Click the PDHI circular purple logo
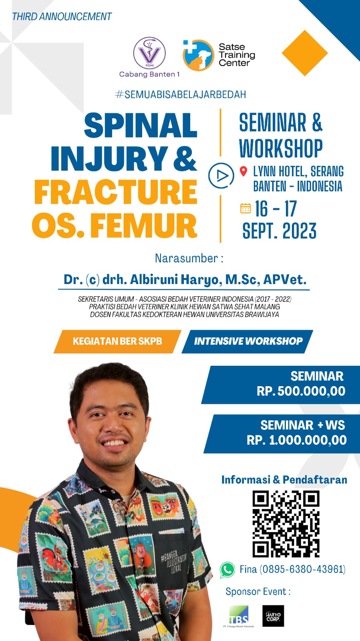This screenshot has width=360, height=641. click(149, 54)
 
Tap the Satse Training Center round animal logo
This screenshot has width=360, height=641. click(198, 55)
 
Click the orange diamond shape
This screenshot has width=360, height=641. click(305, 53)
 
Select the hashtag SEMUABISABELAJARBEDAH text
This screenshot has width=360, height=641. click(181, 95)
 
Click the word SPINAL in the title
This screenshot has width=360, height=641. click(141, 125)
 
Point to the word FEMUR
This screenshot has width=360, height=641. click(144, 226)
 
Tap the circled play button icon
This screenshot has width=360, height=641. click(221, 175)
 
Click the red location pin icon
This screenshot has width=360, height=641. click(243, 171)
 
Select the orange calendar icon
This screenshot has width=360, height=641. click(245, 208)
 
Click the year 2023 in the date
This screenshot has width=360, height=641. click(300, 231)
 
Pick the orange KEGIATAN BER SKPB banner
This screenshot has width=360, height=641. click(117, 341)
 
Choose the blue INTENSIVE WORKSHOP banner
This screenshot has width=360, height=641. click(248, 341)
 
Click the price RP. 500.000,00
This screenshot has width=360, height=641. click(301, 391)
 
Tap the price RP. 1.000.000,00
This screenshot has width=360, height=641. click(297, 440)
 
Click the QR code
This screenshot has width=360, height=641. click(286, 524)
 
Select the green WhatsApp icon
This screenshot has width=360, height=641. click(227, 569)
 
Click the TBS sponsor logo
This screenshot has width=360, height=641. click(239, 616)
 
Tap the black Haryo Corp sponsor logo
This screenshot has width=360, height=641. click(273, 616)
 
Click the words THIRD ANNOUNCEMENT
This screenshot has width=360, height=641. click(62, 16)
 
